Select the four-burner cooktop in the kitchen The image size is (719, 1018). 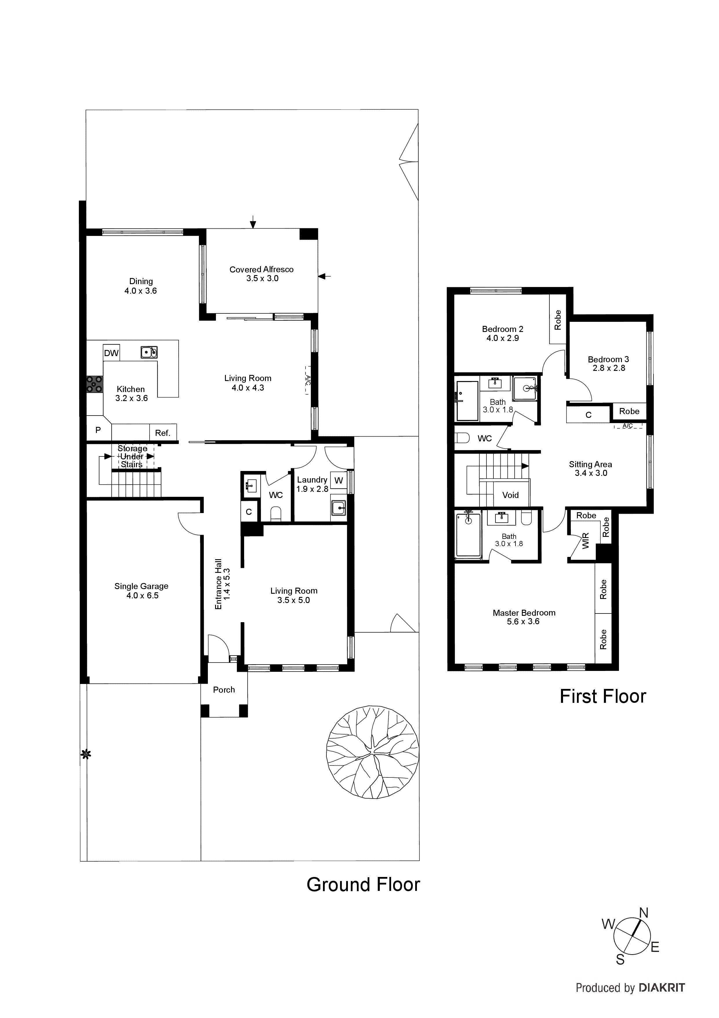click(94, 384)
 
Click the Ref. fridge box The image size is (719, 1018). click(163, 433)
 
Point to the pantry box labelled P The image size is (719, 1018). click(98, 430)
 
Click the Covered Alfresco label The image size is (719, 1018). click(262, 274)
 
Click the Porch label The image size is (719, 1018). click(224, 690)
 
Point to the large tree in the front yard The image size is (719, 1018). click(372, 752)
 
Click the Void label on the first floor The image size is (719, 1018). click(510, 495)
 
